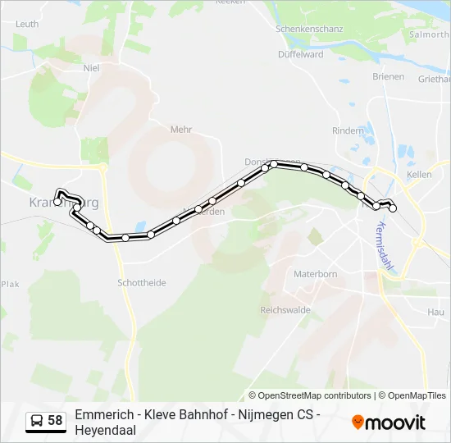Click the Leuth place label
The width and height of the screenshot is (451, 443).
(27, 24)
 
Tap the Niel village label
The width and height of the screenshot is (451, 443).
(91, 68)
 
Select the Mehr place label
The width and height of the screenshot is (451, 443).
(180, 130)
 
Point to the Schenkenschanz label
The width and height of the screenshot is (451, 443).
(308, 28)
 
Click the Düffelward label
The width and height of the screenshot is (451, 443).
(300, 55)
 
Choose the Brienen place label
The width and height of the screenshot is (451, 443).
(389, 76)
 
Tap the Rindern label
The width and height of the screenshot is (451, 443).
(348, 130)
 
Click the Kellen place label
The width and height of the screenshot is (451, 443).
(419, 176)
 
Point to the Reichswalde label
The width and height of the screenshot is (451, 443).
(284, 309)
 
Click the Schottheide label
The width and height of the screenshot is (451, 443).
(142, 282)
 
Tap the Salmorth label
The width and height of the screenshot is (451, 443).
(430, 35)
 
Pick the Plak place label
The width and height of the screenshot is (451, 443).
(9, 284)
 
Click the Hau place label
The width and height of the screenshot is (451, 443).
(435, 312)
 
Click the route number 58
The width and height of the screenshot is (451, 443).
(55, 421)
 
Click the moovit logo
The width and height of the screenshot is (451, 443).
(389, 422)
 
